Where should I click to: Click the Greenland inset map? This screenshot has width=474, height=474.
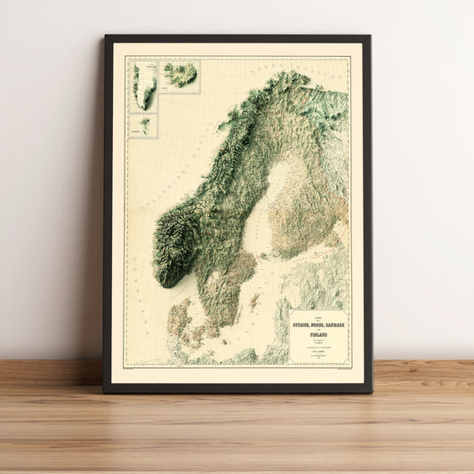pyautogui.click(x=144, y=85)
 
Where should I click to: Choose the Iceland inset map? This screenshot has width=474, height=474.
pyautogui.click(x=181, y=76)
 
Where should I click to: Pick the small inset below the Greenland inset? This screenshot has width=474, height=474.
pyautogui.click(x=144, y=125)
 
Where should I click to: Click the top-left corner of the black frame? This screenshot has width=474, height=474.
pyautogui.click(x=105, y=36)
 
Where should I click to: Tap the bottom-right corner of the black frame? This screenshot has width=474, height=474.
pyautogui.click(x=369, y=391)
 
